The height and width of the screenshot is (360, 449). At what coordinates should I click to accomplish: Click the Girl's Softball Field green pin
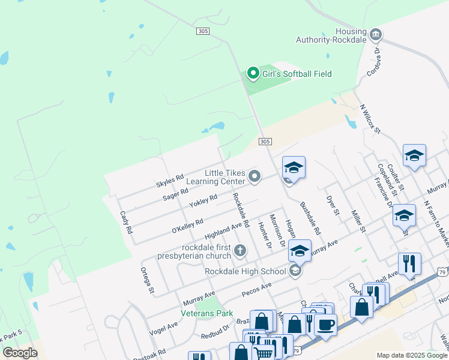(x=253, y=74)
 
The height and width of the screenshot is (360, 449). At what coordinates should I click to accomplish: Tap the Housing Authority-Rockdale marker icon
(x=376, y=34)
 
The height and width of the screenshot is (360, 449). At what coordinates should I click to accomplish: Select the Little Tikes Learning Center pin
(x=255, y=176)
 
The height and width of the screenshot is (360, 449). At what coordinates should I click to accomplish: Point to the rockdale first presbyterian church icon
(x=240, y=250)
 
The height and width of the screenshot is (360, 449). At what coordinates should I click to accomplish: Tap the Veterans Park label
(x=206, y=313)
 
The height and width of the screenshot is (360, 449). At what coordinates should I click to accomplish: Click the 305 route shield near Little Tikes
(x=266, y=142)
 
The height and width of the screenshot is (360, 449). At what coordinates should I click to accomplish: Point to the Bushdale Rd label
(x=310, y=218)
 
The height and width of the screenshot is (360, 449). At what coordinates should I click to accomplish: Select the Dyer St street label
(x=333, y=205)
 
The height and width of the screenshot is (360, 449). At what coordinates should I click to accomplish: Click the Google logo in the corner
(x=20, y=353)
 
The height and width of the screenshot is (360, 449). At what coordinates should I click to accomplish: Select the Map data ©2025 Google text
(x=412, y=355)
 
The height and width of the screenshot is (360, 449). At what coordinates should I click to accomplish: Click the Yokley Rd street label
(x=203, y=202)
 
